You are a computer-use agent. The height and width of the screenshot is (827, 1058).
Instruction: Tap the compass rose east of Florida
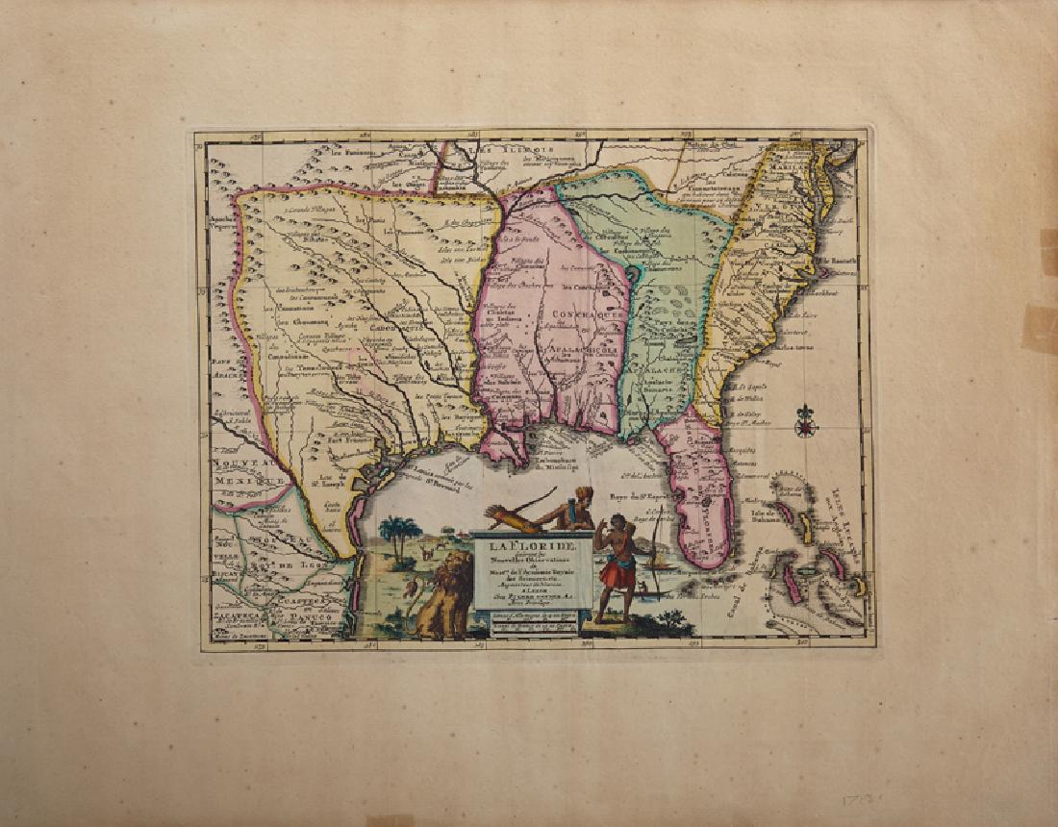(805, 420)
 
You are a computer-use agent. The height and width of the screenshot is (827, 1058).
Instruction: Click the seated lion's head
(450, 577)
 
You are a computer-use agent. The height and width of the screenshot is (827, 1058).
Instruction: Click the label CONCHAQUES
(575, 313)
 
